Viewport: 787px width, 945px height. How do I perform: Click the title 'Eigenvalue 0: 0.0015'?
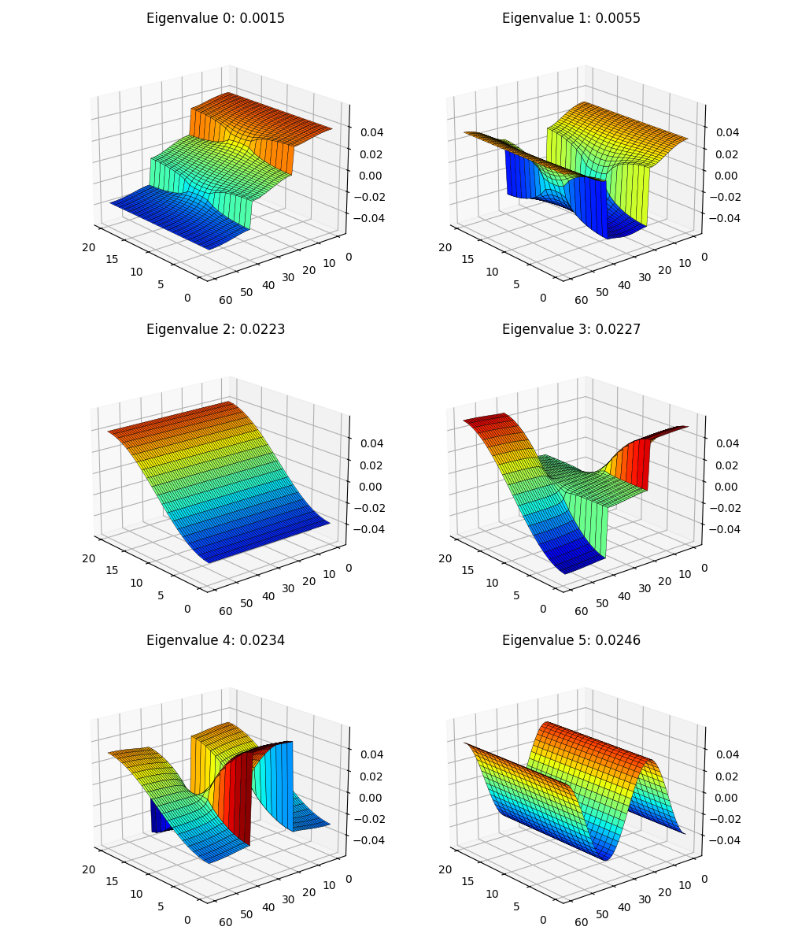(x=216, y=19)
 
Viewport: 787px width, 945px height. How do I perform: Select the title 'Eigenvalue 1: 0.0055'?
(x=571, y=19)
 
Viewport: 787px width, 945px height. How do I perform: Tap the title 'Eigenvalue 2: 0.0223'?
(x=216, y=330)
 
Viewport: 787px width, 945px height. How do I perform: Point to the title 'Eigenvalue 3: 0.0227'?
(x=571, y=330)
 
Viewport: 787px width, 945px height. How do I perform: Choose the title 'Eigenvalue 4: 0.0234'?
(x=216, y=641)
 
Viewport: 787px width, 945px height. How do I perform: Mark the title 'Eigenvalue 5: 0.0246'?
(x=571, y=641)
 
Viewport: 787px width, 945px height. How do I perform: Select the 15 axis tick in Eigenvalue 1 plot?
(x=467, y=259)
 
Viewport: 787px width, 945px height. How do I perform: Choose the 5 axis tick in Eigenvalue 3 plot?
(x=517, y=595)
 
